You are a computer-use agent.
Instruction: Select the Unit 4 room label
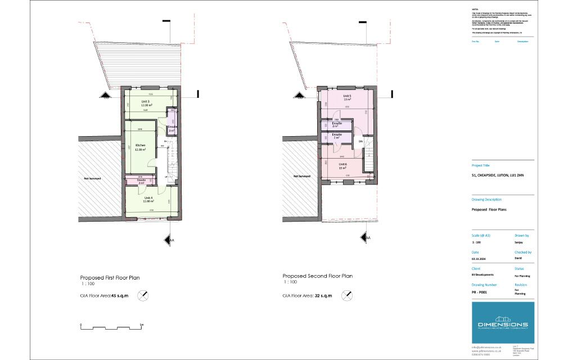[x=148, y=199]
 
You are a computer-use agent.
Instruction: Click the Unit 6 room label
[x=342, y=164]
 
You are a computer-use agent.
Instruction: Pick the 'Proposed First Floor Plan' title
[x=110, y=278]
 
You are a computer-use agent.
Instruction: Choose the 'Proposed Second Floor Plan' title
[x=317, y=276]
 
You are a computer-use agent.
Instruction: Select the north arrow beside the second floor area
[x=349, y=294]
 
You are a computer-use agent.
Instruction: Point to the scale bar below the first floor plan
[x=111, y=327]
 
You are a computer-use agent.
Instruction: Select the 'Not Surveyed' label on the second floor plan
[x=302, y=175]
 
